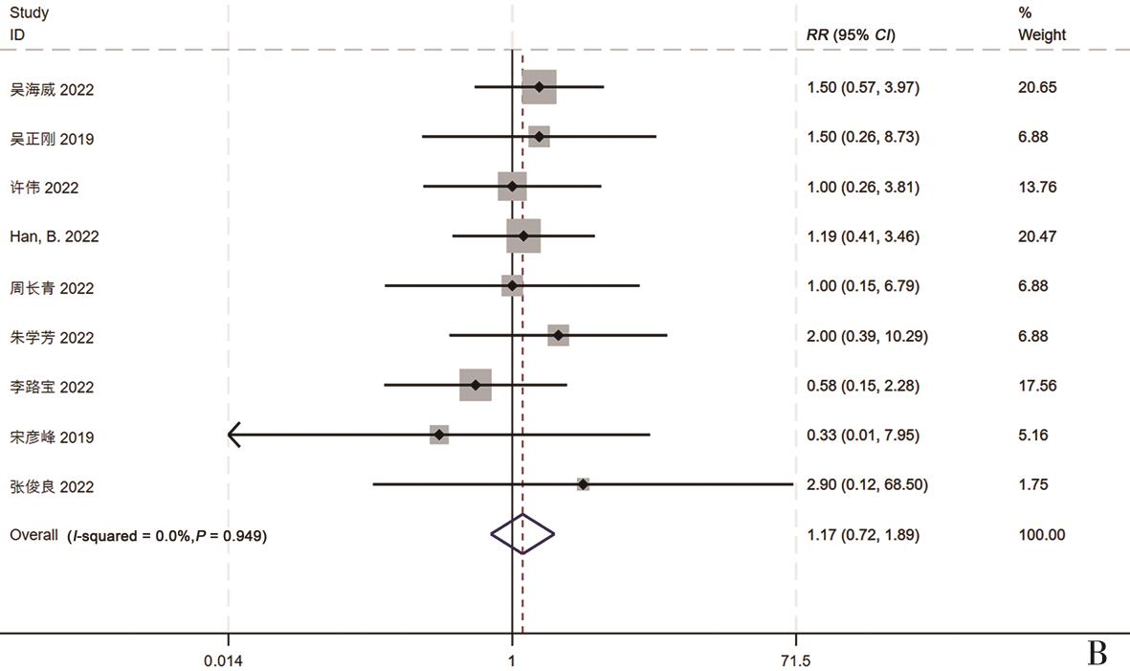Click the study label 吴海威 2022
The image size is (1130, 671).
52,89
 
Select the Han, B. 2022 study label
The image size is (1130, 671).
54,236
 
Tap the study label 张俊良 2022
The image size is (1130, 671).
52,486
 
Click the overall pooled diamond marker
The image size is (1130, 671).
522,534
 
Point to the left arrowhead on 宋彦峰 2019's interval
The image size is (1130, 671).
233,436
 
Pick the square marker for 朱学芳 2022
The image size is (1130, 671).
558,335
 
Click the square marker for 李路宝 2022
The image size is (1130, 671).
476,385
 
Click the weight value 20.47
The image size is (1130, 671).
1037,236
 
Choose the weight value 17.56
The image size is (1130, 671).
1037,386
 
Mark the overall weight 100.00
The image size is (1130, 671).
1041,535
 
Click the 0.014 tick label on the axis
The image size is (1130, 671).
229,660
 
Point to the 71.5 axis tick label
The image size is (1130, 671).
796,660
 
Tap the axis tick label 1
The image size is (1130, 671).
512,660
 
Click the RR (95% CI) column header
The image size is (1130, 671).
852,35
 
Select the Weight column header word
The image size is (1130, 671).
1042,35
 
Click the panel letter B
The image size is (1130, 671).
1097,653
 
